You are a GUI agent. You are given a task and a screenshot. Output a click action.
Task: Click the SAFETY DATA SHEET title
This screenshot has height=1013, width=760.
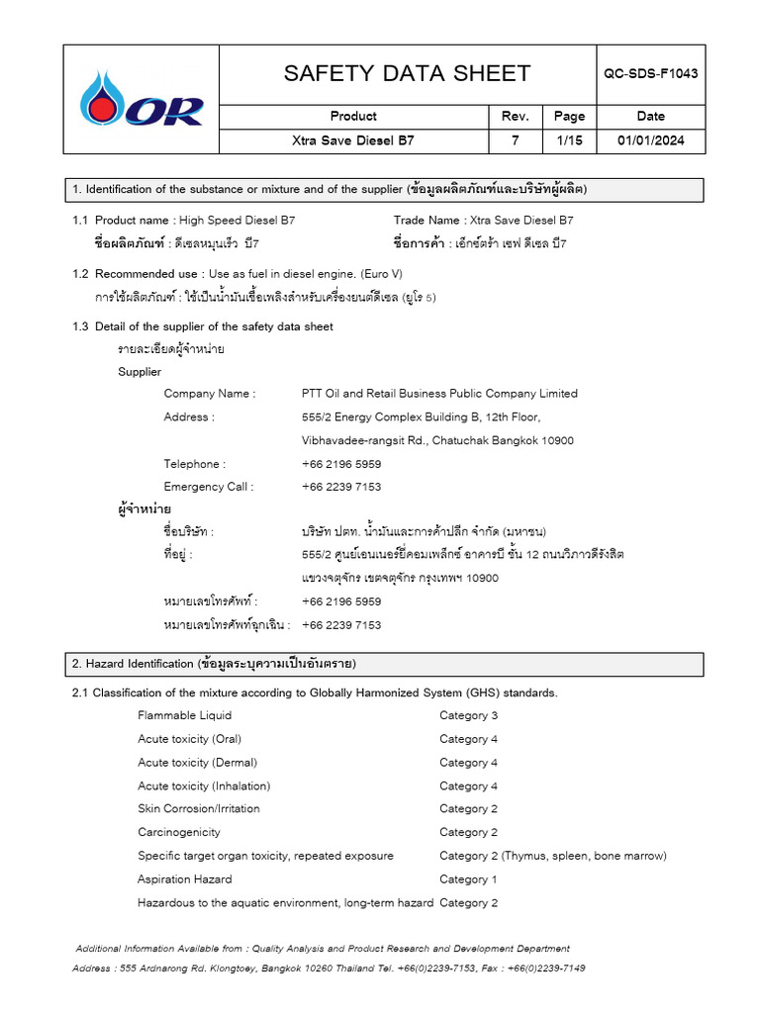[x=407, y=74]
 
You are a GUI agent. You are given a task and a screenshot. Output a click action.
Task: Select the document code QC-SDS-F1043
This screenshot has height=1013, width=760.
[x=651, y=74]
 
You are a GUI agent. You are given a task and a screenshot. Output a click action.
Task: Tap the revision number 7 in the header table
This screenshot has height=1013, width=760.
[x=515, y=140]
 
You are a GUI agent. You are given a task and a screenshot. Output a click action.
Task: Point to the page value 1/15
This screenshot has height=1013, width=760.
[x=569, y=140]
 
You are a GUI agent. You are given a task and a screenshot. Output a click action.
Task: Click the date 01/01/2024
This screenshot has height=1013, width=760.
[x=650, y=140]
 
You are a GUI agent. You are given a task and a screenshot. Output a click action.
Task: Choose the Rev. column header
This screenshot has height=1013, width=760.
[x=515, y=116]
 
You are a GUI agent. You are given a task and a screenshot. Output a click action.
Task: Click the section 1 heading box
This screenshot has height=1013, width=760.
[x=384, y=190]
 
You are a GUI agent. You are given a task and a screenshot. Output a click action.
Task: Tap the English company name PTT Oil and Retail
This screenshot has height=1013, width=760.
[x=439, y=394]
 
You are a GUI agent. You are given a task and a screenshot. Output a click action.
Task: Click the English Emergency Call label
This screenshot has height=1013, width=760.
[x=209, y=487]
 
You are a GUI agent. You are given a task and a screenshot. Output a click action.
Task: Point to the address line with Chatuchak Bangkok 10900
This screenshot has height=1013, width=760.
[x=437, y=440]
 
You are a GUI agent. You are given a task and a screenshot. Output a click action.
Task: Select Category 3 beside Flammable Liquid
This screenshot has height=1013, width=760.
[x=469, y=715]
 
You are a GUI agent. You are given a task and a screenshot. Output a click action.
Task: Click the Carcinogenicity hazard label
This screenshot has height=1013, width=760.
[x=179, y=832]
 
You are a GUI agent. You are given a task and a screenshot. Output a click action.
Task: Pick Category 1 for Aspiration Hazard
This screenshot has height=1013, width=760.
[x=469, y=879]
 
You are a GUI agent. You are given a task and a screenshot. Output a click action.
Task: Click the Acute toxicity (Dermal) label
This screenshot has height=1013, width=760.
[x=197, y=763]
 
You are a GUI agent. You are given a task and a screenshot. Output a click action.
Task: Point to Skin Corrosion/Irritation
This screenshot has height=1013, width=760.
[x=199, y=809]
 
